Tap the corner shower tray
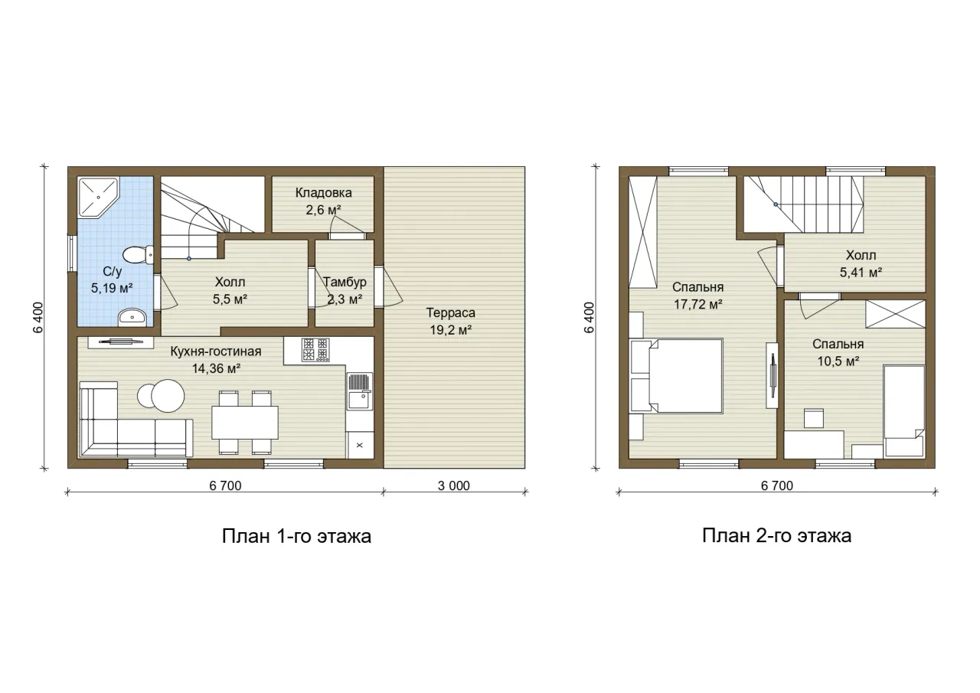[98, 198]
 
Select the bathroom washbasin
[132, 317]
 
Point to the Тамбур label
[345, 283]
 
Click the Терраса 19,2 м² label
[451, 321]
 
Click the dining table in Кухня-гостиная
[245, 422]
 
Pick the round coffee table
[167, 395]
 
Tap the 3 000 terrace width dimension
[454, 485]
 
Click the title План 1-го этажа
[296, 536]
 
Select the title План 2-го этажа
[776, 536]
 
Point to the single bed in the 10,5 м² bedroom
[904, 411]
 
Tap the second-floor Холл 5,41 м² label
[861, 264]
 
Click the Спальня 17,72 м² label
[697, 296]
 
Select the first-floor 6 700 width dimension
[225, 485]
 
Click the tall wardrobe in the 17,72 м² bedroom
[643, 232]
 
